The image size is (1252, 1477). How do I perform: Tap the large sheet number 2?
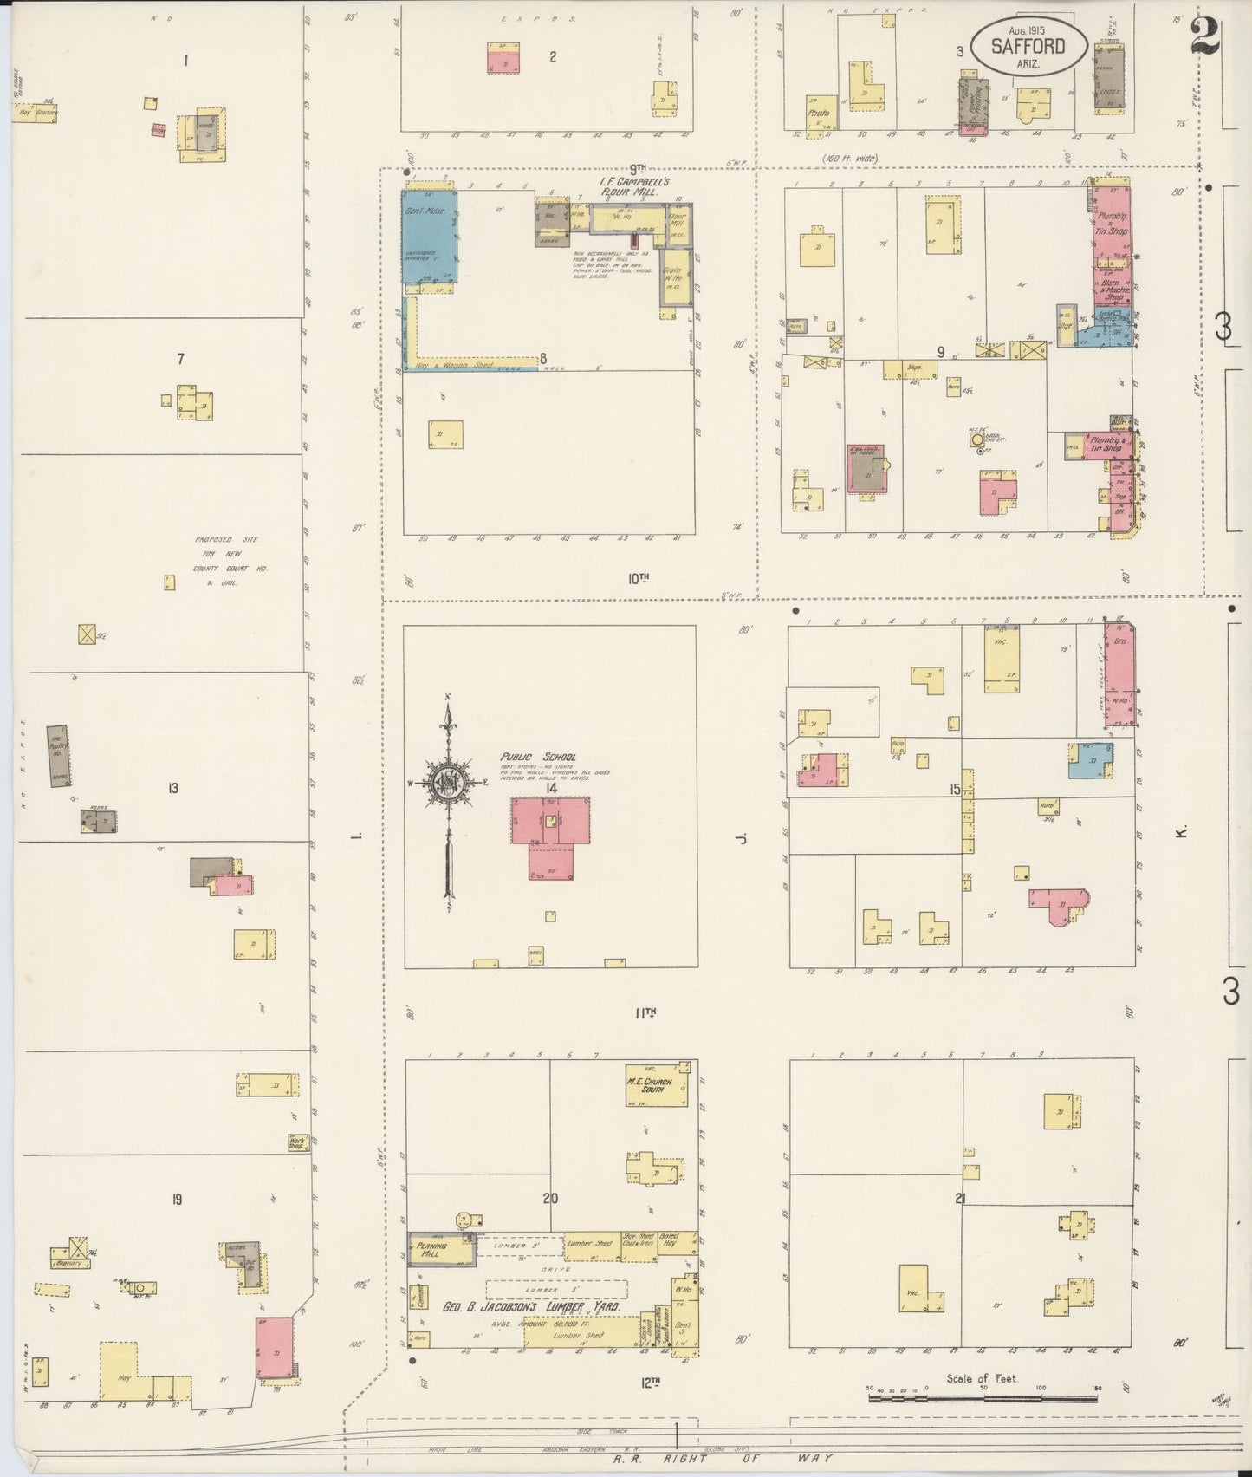tap(1205, 36)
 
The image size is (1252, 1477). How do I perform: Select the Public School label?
tap(537, 758)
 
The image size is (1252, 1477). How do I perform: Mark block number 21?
tap(960, 1200)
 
